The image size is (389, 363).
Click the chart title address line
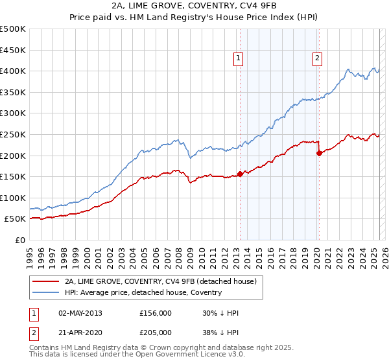[x=194, y=6]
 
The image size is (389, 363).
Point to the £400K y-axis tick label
[x=13, y=71]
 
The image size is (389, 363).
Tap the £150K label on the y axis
[x=13, y=176]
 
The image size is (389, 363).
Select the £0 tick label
[x=19, y=240]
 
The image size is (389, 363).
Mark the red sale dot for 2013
[x=240, y=174]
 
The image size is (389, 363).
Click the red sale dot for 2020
[x=319, y=153]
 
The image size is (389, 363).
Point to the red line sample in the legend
[x=46, y=281]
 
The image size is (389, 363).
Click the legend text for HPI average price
[x=143, y=292]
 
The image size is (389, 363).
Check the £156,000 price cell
[x=155, y=313]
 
